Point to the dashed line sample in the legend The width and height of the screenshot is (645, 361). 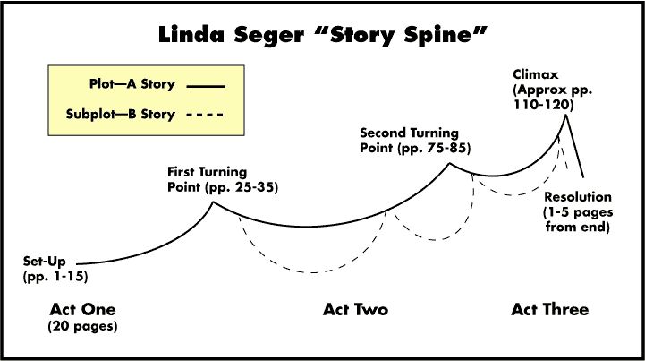point(207,116)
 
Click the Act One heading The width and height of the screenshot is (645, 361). point(83,310)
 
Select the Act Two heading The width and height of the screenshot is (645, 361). point(355,310)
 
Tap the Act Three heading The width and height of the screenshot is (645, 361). point(550,310)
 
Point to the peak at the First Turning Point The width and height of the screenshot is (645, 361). point(212,203)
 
